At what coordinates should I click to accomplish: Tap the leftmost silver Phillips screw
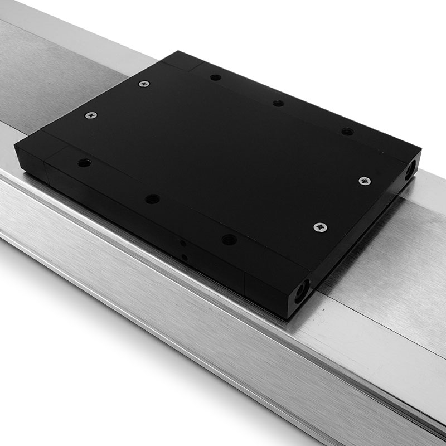point(90,115)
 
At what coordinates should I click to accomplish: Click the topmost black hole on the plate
point(214,78)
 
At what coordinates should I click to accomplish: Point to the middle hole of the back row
point(279,103)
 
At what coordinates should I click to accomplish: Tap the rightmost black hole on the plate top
point(347,132)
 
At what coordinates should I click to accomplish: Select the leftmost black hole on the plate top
point(84,163)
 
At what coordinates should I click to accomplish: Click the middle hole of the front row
point(152,198)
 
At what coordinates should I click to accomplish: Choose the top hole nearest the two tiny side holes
point(229,240)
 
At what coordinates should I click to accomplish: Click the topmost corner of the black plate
point(177,51)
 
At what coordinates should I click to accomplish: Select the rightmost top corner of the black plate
point(420,149)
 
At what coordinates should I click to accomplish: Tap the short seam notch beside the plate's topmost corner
point(190,66)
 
